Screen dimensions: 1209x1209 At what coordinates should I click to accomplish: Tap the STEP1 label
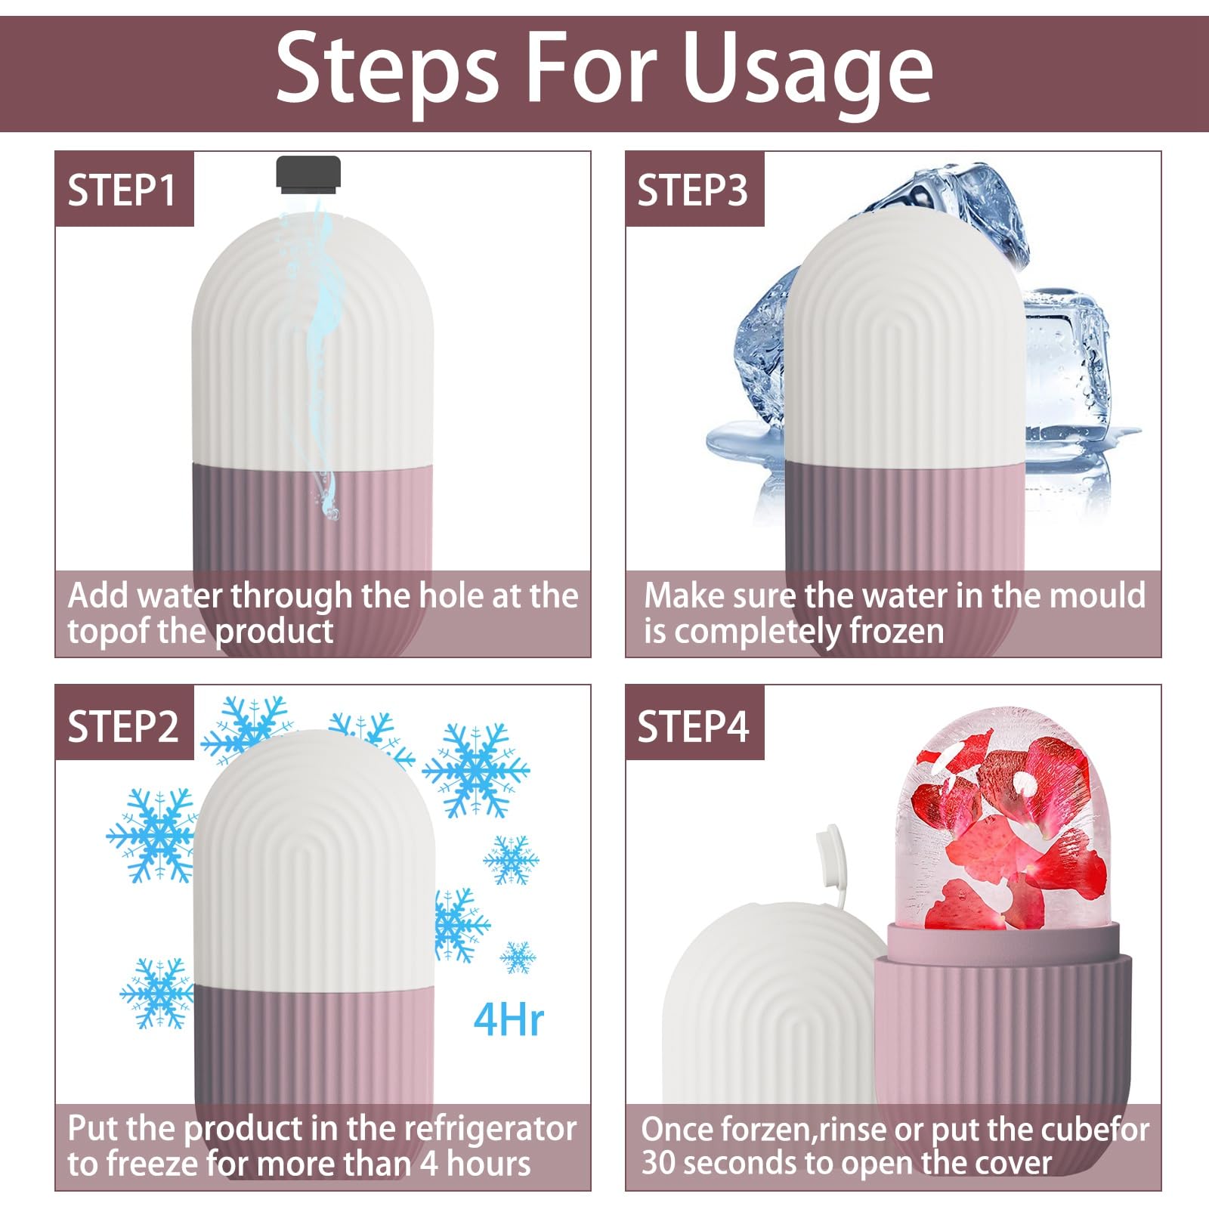tap(122, 190)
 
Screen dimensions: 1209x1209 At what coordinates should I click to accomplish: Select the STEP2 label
tap(123, 726)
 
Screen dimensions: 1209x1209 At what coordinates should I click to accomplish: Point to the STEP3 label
tap(692, 190)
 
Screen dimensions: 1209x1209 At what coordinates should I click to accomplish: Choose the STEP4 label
tap(693, 726)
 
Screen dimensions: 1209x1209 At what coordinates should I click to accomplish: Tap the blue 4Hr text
tap(509, 1019)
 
